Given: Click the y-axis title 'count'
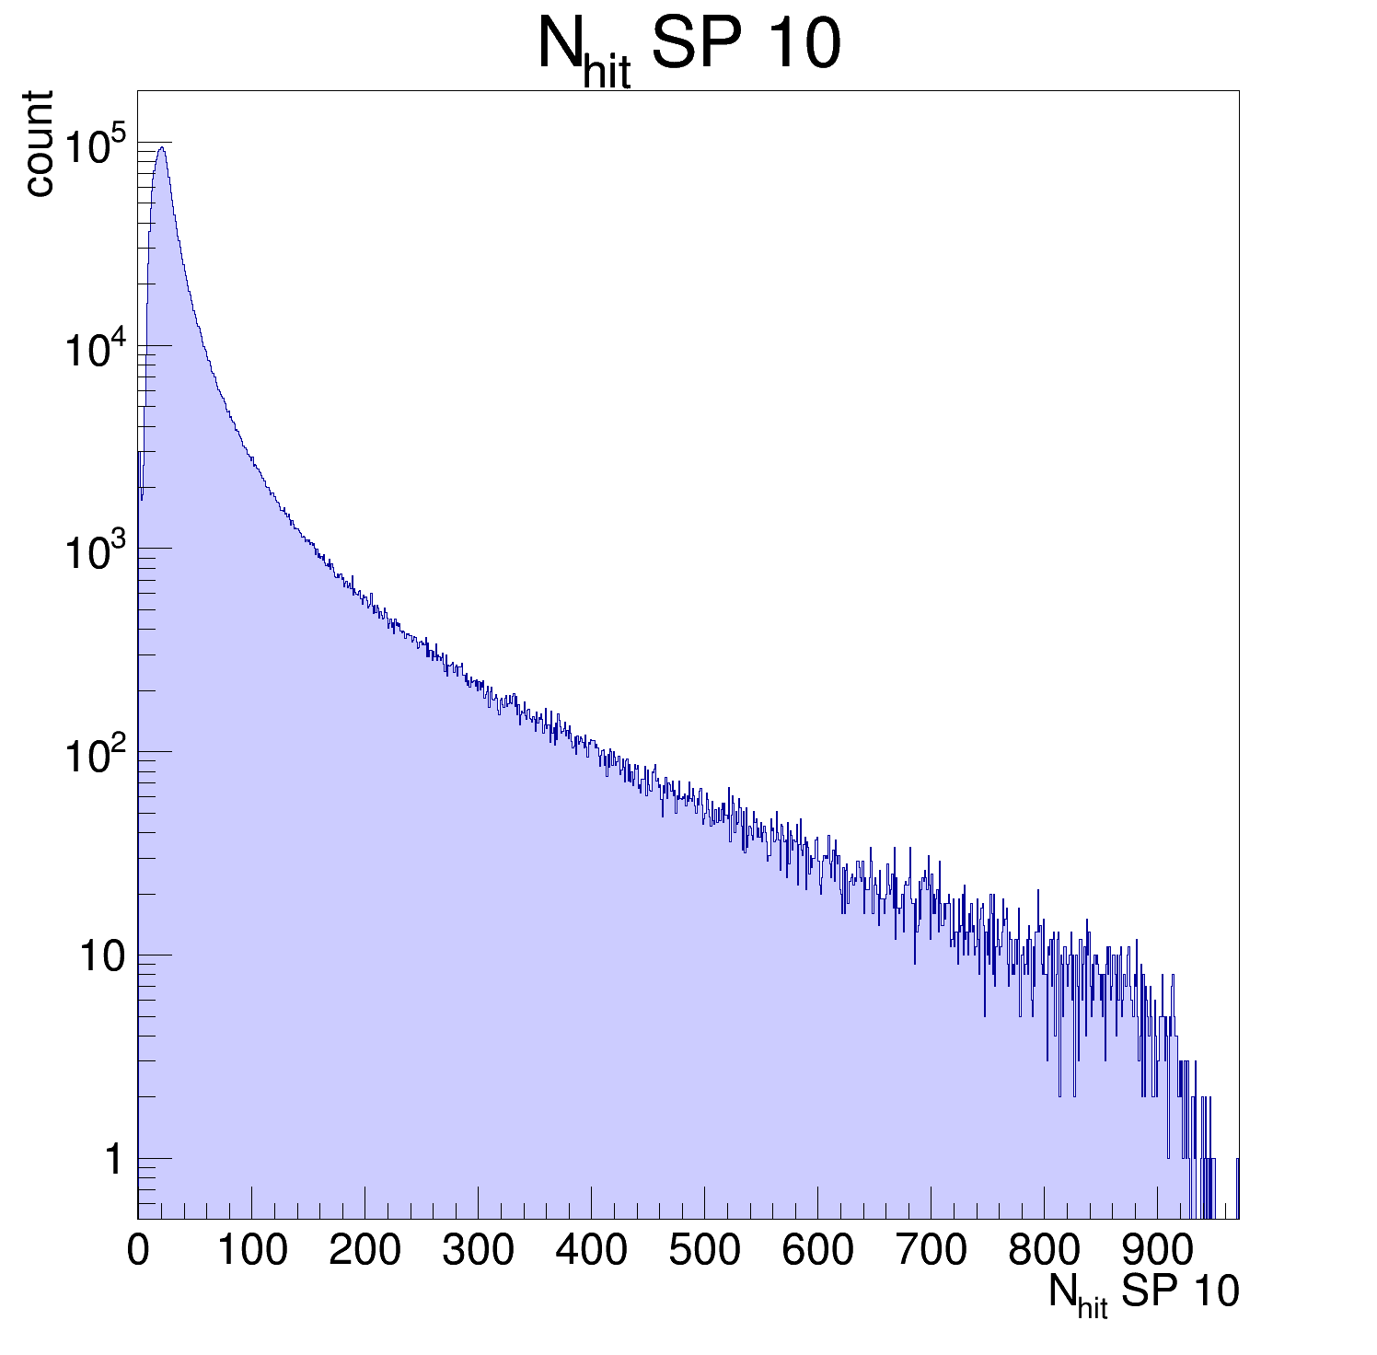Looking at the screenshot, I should pos(39,144).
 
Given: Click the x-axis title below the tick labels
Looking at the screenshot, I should pos(1143,1294).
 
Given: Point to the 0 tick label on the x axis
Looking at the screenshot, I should pos(138,1251).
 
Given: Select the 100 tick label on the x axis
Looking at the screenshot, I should pos(251,1251).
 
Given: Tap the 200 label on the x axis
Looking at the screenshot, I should pos(364,1251).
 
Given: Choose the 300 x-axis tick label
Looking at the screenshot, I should pos(478,1251).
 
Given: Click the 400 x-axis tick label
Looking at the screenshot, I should pos(591,1251).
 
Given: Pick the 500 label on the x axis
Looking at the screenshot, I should pos(704,1251).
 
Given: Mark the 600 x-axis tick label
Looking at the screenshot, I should pos(817,1251).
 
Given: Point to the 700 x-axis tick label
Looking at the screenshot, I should pos(931,1251).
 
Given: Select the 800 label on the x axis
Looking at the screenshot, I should pos(1044,1251).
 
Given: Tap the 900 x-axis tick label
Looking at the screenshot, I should pos(1157,1251).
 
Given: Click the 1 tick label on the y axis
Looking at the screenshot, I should pos(113,1160).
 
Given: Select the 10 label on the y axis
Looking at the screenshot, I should pos(101,957).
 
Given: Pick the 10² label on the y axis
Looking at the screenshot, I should pos(94,757).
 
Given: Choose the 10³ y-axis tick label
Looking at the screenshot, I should pos(94,553).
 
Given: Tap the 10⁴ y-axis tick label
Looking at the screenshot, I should pos(94,350).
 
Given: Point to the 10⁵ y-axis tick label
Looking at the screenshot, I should pos(94,146).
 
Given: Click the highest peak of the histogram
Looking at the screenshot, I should pos(161,147).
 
